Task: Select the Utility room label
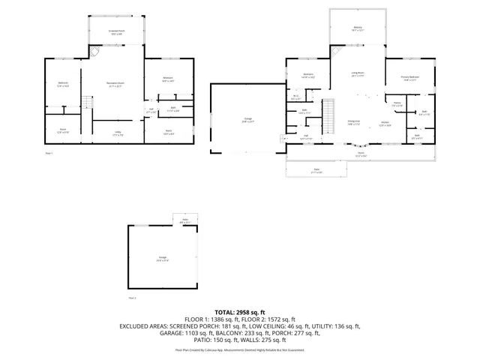click(x=118, y=133)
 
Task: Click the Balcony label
click(x=357, y=28)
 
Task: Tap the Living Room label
click(x=358, y=74)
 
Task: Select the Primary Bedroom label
click(x=410, y=79)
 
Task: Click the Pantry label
click(x=397, y=104)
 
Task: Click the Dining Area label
click(x=352, y=123)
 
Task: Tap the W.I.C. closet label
click(x=295, y=96)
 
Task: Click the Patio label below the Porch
click(x=316, y=170)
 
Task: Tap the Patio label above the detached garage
click(x=185, y=220)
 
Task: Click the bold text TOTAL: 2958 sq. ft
click(x=239, y=311)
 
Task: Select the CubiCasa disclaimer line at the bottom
click(x=239, y=349)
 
